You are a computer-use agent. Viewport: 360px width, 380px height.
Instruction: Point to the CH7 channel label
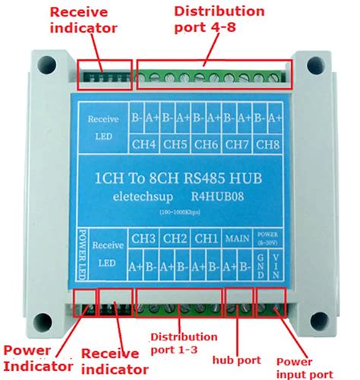238,144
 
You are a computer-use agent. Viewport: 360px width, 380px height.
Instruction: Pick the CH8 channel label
269,144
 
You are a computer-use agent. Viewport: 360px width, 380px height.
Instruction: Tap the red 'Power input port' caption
304,367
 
